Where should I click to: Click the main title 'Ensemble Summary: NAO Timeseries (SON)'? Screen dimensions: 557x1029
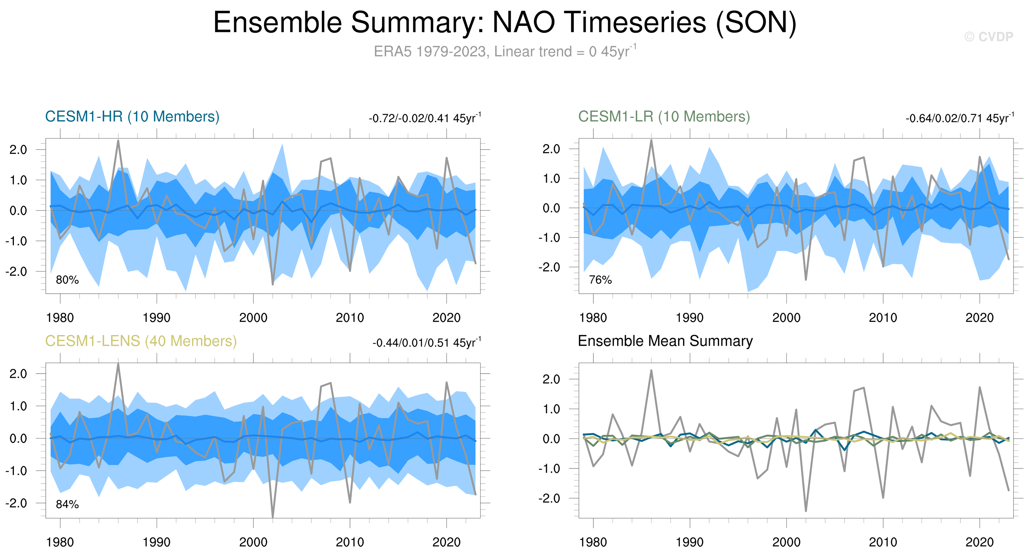point(505,22)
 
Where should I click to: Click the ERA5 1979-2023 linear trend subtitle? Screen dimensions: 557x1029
point(505,52)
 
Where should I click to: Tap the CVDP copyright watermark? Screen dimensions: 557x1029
point(988,37)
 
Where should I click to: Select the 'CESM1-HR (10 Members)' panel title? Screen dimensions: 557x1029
point(132,117)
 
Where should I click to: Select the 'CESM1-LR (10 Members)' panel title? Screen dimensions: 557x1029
point(664,117)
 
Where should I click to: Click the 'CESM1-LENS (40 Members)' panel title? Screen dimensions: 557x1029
point(141,341)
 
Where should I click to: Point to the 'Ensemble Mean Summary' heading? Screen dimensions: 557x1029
point(665,341)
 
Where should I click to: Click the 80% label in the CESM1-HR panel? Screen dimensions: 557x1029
point(67,280)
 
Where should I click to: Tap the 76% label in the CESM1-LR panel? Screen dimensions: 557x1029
point(600,280)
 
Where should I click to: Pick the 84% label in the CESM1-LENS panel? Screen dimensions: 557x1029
point(67,505)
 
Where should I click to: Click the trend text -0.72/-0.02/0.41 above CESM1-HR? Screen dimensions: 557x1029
point(425,118)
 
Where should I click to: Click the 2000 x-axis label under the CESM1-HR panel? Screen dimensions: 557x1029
point(253,318)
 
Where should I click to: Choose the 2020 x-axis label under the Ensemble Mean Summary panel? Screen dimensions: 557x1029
point(979,542)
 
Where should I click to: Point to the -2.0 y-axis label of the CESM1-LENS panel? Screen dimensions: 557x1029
point(16,503)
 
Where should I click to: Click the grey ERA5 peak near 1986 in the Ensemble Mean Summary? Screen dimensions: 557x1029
point(651,371)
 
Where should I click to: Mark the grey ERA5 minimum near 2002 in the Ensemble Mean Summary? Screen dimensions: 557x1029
point(806,510)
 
